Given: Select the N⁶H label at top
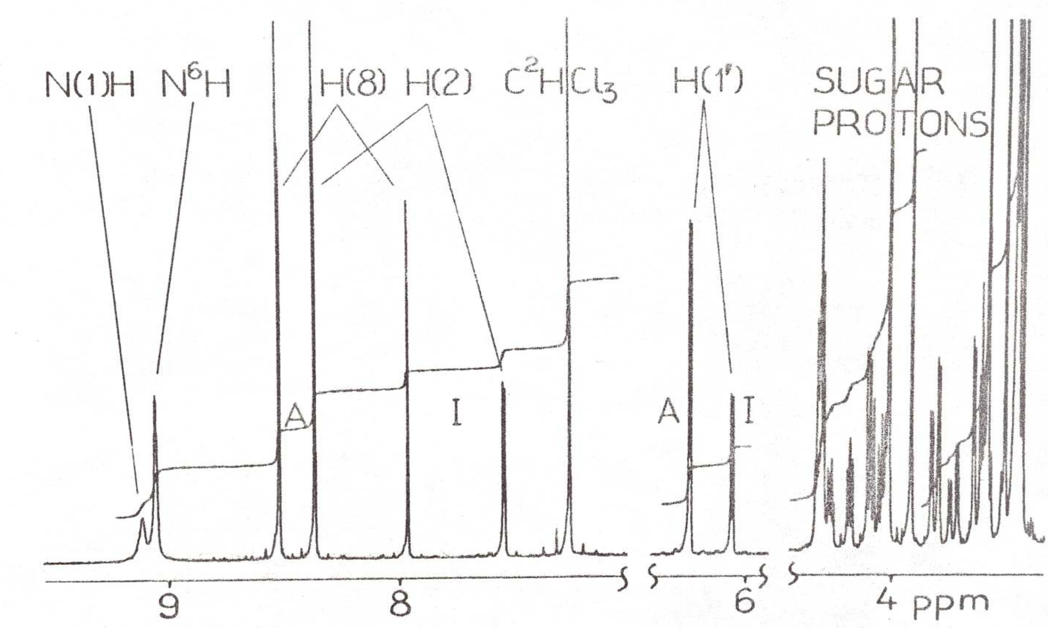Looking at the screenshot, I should (x=196, y=85).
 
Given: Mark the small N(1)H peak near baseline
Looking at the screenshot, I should (x=143, y=530).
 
